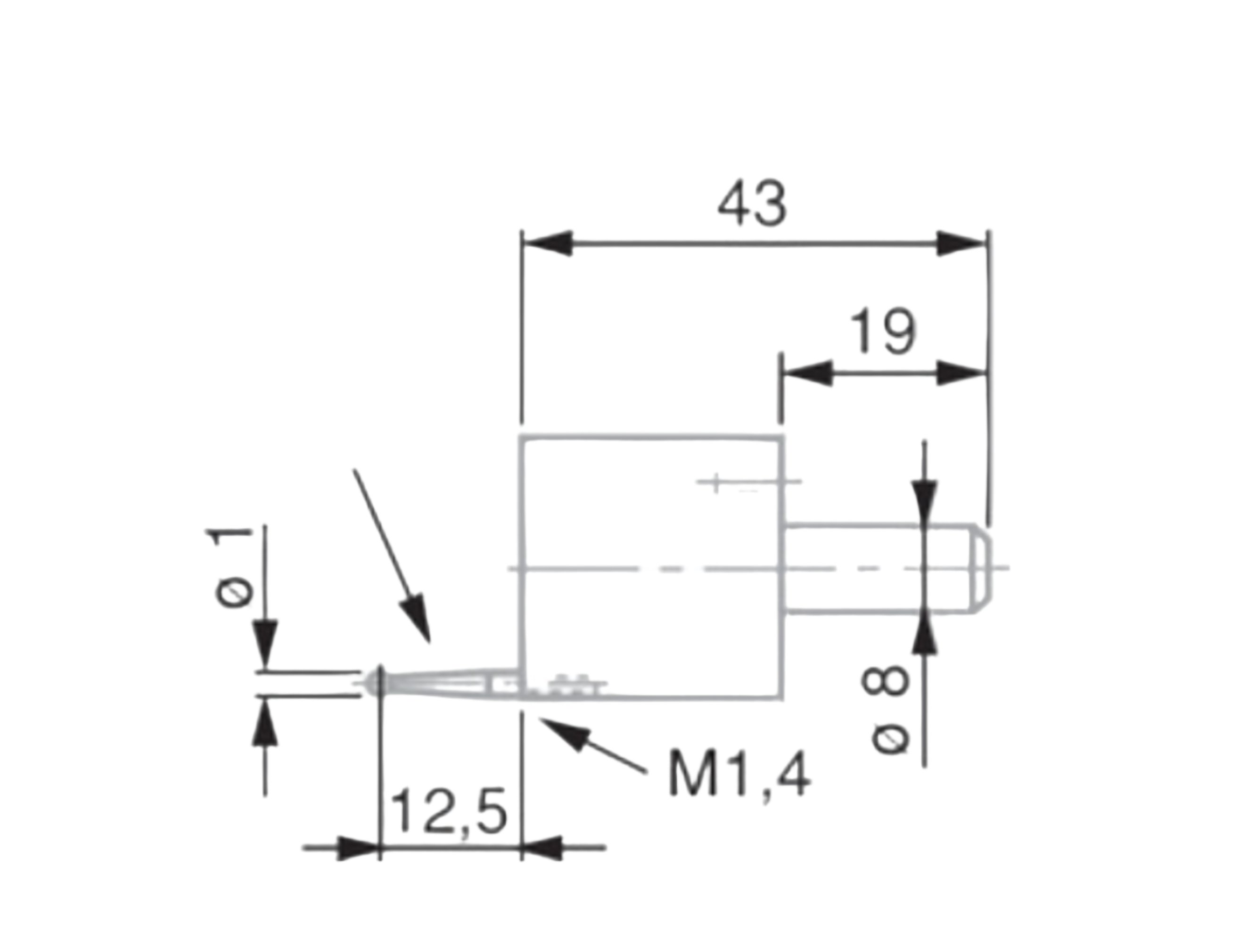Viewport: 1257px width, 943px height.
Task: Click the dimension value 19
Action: click(882, 332)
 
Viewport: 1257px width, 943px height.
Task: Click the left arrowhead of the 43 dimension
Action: click(547, 243)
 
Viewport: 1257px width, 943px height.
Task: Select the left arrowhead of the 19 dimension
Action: click(807, 373)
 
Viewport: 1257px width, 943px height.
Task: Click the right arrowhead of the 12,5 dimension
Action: click(542, 847)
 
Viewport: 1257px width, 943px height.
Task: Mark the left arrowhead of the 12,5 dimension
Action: click(358, 847)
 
